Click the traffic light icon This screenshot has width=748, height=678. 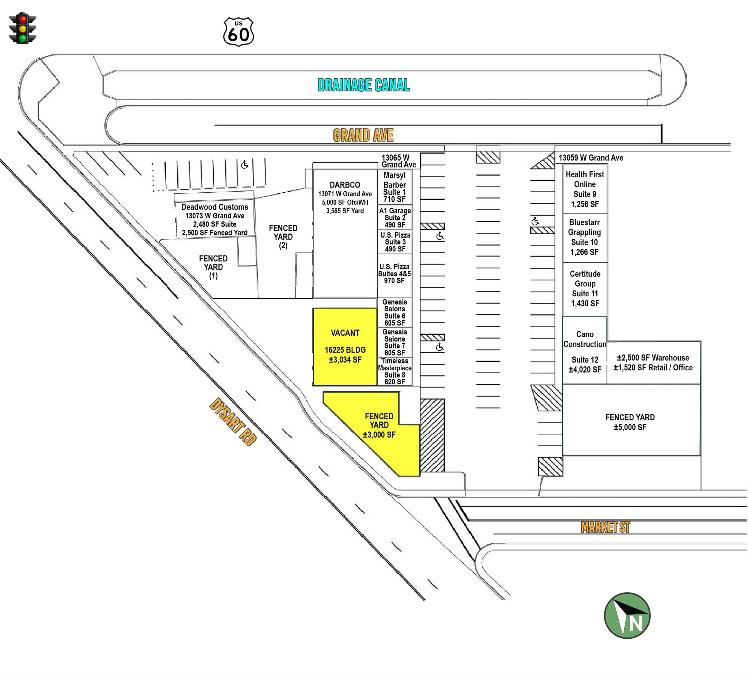pyautogui.click(x=23, y=28)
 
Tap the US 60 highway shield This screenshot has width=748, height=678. pyautogui.click(x=238, y=31)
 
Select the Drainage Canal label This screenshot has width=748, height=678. pyautogui.click(x=364, y=85)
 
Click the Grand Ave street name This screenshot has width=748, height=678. pyautogui.click(x=363, y=135)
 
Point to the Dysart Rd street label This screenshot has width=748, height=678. pyautogui.click(x=233, y=421)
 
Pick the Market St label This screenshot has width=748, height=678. pyautogui.click(x=605, y=527)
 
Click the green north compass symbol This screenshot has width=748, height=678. pyautogui.click(x=627, y=615)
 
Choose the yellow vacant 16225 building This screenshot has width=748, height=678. pyautogui.click(x=345, y=347)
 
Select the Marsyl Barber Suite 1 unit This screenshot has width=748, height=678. pyautogui.click(x=395, y=187)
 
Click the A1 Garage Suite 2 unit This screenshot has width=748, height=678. pyautogui.click(x=395, y=217)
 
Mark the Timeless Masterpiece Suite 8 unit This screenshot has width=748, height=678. pyautogui.click(x=395, y=371)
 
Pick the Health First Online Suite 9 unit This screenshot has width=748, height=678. pyautogui.click(x=585, y=189)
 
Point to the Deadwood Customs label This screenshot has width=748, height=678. pyautogui.click(x=214, y=207)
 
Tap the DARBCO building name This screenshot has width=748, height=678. pyautogui.click(x=345, y=185)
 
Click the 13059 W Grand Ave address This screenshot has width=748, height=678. pyautogui.click(x=591, y=158)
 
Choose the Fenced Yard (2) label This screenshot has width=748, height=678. pyautogui.click(x=283, y=237)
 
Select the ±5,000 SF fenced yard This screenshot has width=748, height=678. pyautogui.click(x=631, y=420)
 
